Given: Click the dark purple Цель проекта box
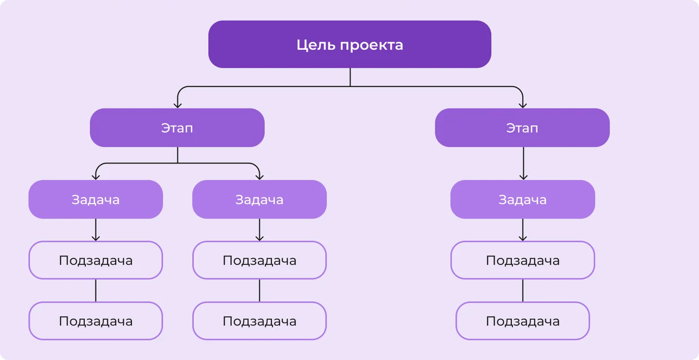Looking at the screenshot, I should [x=349, y=44].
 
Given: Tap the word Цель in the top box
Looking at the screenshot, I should [x=316, y=45].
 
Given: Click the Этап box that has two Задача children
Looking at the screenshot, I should [x=177, y=128].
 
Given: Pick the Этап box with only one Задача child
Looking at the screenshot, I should [x=522, y=128].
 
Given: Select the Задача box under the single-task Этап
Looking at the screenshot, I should [x=523, y=200].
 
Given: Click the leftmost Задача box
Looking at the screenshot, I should [x=96, y=200].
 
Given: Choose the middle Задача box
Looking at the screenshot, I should [x=260, y=200].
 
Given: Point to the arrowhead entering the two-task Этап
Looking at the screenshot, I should [x=178, y=104].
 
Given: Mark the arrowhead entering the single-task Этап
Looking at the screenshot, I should [x=523, y=104].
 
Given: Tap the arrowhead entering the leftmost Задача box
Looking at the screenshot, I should [x=96, y=176].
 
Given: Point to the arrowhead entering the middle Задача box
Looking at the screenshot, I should [x=260, y=176].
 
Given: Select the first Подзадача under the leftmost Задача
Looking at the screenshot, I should [x=96, y=260].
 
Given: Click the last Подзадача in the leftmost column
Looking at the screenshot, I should [x=96, y=321].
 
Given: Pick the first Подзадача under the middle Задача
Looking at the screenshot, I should [x=260, y=260].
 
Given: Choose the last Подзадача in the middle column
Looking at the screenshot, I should [x=260, y=321].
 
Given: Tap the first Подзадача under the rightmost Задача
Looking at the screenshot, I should [x=523, y=260].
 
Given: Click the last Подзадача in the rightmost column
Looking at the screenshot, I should [x=523, y=321].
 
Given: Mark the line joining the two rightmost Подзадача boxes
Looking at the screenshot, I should [x=523, y=291].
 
